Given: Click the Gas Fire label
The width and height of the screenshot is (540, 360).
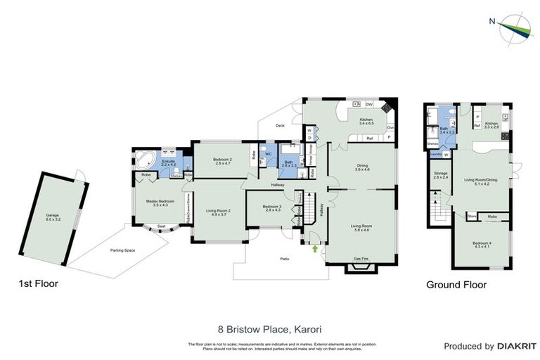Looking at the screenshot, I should tap(361, 258).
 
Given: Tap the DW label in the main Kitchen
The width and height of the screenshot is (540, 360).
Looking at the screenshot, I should tap(369, 105).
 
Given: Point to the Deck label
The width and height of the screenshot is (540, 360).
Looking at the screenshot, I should tap(279, 127).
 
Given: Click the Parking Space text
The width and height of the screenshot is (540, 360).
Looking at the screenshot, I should tap(122, 250).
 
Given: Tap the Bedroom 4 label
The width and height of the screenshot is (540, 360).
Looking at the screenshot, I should tap(482, 245).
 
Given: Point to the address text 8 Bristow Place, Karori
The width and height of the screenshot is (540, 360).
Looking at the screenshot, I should tap(269, 328).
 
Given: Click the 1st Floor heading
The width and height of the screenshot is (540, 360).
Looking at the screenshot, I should tap(38, 285).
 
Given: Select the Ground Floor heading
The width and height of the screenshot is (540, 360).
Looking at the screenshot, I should tap(456, 285).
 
